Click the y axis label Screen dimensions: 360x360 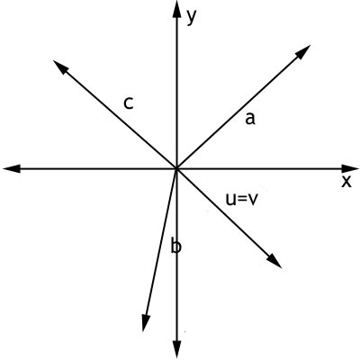coord(192,17)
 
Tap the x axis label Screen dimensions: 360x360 coord(346,182)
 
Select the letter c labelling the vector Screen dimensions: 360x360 coord(129,103)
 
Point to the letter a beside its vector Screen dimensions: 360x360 coord(250,119)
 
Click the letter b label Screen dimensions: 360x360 coord(176,245)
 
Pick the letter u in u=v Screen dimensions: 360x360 coord(230,200)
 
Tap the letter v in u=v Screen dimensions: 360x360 coord(252,200)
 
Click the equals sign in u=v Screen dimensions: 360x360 coord(241,200)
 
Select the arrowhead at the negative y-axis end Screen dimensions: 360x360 coord(177,349)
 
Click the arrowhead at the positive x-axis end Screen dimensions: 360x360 coord(350,169)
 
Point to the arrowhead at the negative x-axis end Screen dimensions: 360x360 coord(12,169)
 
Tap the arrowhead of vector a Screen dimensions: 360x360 coord(302,52)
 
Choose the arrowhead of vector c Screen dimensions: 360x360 coord(60,67)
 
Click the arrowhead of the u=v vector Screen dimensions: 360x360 coord(274,260)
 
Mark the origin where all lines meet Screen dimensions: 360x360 coord(177,169)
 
